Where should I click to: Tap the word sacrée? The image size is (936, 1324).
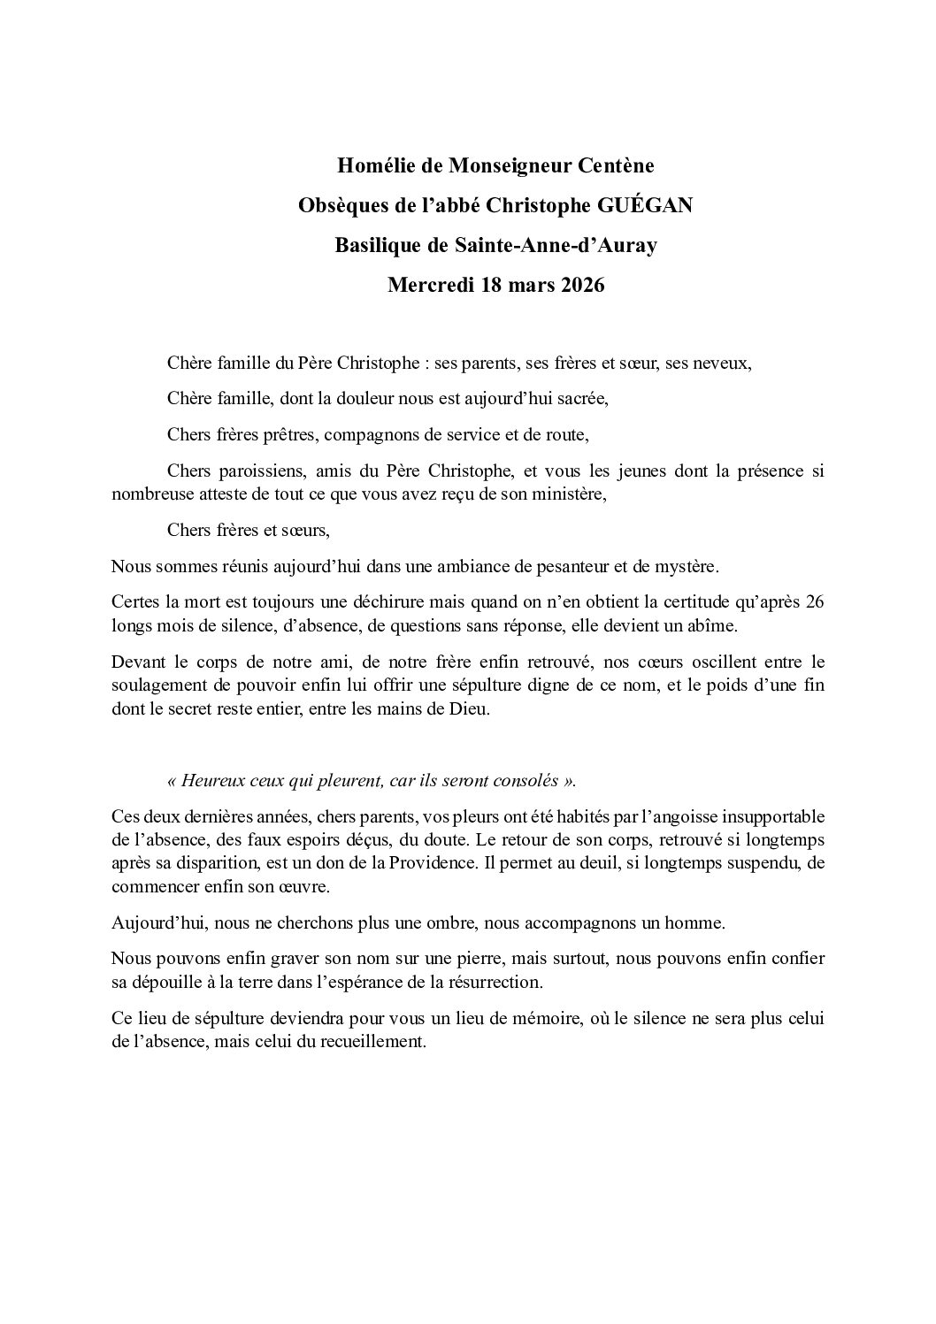579,399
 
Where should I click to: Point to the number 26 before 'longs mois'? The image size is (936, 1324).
815,602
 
